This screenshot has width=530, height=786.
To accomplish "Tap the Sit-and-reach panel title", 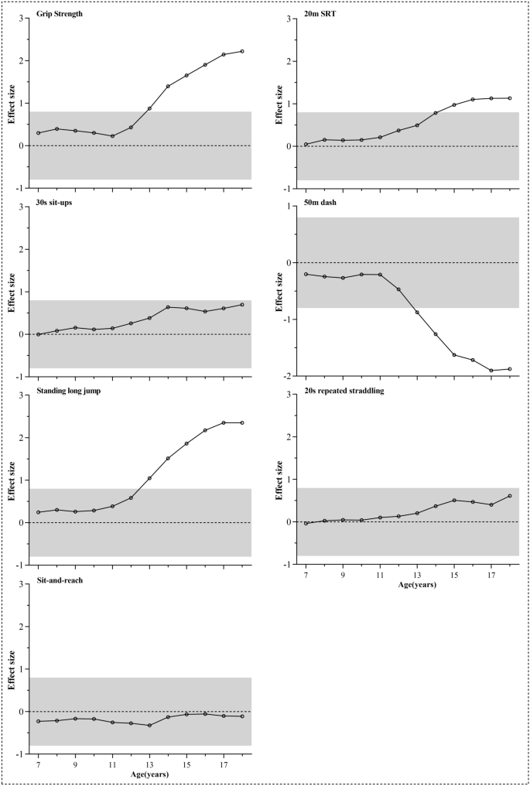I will click(x=61, y=579).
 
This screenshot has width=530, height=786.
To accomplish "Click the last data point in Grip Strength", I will click(x=242, y=51).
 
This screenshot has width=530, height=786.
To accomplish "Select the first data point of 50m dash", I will click(x=306, y=274).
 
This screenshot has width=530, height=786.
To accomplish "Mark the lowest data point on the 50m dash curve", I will click(x=491, y=371).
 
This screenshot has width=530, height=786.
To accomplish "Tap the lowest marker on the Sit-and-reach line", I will click(x=149, y=725).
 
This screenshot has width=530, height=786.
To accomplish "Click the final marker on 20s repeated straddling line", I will click(x=510, y=496).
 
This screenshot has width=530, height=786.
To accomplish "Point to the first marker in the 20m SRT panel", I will click(x=306, y=144).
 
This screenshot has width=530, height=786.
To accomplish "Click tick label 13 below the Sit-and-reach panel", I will click(x=149, y=764).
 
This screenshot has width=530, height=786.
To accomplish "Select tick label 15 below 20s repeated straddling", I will click(x=454, y=575).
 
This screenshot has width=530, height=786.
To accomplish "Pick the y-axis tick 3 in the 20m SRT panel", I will click(x=289, y=19).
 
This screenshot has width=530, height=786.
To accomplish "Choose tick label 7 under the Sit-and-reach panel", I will click(x=38, y=764).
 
